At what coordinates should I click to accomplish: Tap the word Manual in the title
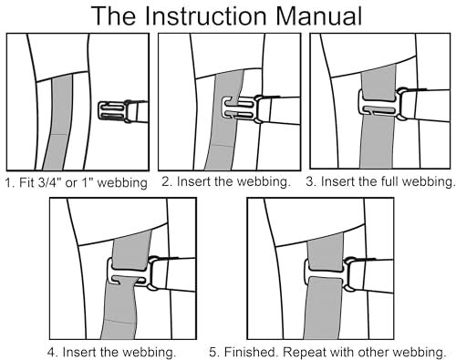tap(319, 15)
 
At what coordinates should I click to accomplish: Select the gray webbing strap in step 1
tap(59, 121)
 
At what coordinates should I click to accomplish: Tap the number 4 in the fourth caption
tap(51, 352)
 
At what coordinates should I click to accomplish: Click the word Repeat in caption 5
tap(303, 353)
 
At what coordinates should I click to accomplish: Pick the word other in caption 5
tap(373, 352)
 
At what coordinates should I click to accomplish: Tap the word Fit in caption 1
tap(26, 182)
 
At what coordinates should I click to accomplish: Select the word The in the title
tap(112, 15)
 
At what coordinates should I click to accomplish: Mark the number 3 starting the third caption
tap(309, 181)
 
